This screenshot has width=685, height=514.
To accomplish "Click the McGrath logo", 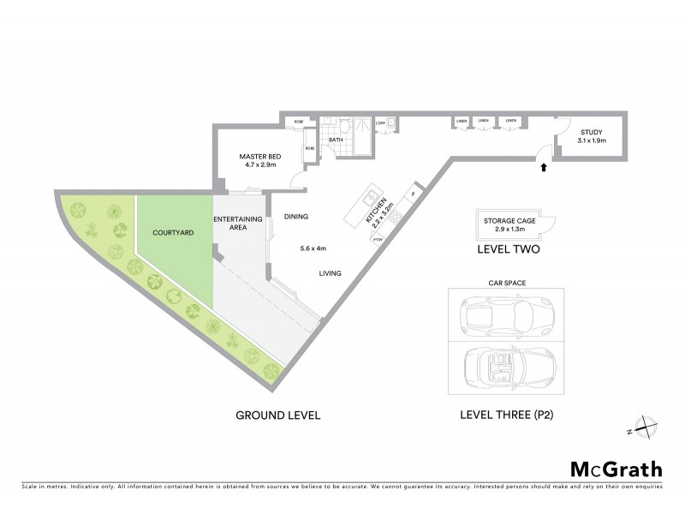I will click(616, 469).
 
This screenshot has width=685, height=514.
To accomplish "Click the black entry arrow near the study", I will click(544, 168).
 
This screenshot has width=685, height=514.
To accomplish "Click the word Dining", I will click(295, 217).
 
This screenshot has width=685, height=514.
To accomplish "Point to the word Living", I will click(331, 273).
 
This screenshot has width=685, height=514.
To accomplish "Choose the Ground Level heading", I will click(277, 415).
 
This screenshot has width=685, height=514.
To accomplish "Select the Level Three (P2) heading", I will click(505, 415).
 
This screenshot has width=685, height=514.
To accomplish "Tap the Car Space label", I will click(505, 281).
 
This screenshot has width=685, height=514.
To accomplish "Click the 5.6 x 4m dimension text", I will click(313, 248).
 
